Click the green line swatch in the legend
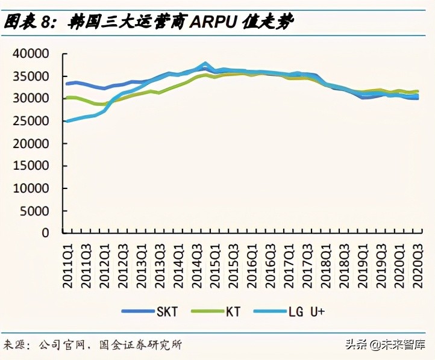click(207, 311)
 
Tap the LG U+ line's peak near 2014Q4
click(205, 63)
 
